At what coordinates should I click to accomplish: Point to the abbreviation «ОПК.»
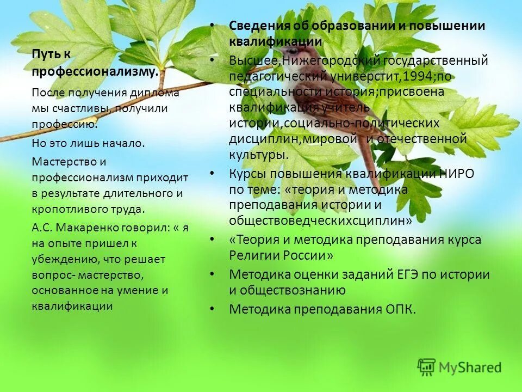(x=395, y=309)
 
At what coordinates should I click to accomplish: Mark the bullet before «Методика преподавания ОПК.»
(x=212, y=309)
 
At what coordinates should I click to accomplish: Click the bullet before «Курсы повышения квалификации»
(x=212, y=174)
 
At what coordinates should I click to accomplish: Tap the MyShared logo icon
(x=426, y=367)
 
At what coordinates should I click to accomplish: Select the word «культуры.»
(x=258, y=155)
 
